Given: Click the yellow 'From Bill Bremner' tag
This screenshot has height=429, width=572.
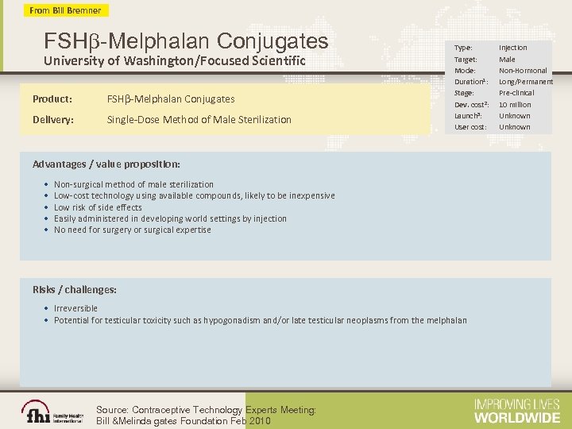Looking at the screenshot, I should pos(66,10).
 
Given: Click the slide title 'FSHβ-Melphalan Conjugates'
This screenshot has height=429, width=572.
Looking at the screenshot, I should pos(186,40).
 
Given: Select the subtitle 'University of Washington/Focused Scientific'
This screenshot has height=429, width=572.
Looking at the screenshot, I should pos(175,61).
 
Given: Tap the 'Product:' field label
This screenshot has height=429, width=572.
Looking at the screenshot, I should pos(52,99).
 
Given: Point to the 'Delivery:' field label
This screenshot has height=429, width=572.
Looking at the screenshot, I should pos(53,120).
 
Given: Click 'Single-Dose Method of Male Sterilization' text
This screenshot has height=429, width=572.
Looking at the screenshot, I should pos(199,120).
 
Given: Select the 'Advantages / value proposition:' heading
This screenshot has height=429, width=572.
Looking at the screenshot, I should pos(106,164).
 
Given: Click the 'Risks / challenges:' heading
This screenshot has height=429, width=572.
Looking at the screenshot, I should pos(75,289).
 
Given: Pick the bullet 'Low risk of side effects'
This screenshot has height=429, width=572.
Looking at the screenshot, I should pos(98,207).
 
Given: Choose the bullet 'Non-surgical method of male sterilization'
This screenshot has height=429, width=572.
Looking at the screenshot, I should pos(133,184).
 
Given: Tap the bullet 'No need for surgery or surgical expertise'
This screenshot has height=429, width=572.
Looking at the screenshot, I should pos(132,230).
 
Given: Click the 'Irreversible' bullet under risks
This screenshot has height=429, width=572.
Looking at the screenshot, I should pos(76,308).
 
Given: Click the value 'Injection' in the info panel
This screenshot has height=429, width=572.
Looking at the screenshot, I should pos(512,48).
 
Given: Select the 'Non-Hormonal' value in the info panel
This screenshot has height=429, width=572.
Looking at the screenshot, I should pos(523,71).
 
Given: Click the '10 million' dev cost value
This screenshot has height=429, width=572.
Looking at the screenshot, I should pos(515,105).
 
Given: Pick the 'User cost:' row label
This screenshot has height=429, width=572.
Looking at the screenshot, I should pos(470,127).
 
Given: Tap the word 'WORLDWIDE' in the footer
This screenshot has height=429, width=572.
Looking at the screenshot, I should pos(516,416).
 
